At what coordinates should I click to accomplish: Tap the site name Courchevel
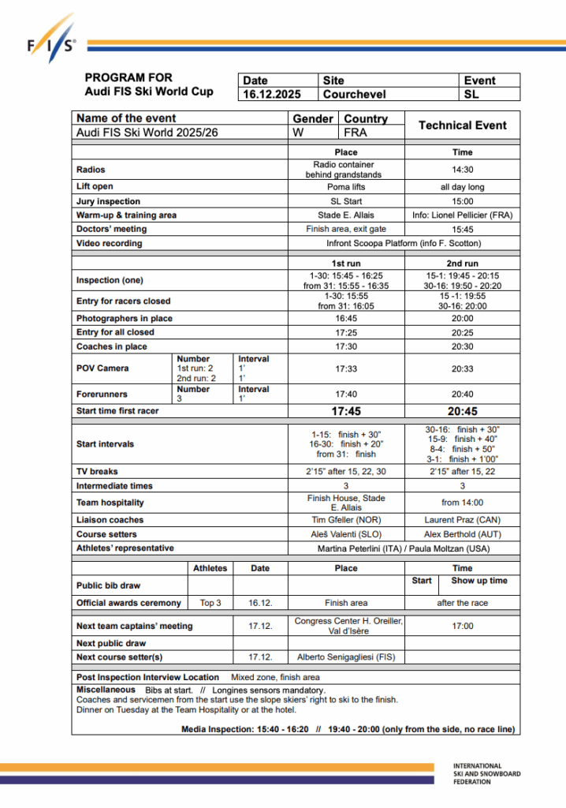pos(355,94)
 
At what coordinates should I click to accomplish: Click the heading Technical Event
pos(462,125)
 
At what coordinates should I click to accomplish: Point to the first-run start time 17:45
pos(345,411)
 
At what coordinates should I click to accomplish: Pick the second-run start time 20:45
pos(463,411)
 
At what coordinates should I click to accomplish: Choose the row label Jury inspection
pos(108,201)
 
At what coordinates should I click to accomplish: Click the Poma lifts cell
pos(345,187)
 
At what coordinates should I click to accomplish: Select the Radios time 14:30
pos(463,169)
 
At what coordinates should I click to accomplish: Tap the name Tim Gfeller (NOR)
pos(345,520)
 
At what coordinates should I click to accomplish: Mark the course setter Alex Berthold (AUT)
pos(463,534)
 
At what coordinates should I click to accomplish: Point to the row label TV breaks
pos(97,471)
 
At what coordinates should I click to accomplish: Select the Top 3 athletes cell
pos(210,603)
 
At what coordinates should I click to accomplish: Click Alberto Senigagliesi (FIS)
pos(345,656)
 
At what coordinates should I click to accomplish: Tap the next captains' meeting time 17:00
pos(463,626)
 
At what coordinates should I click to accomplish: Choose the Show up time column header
pos(479,581)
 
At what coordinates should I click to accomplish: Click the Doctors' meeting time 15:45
pos(463,229)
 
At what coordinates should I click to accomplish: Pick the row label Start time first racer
pos(117,411)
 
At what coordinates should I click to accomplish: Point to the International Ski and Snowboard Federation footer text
pos(486,774)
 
